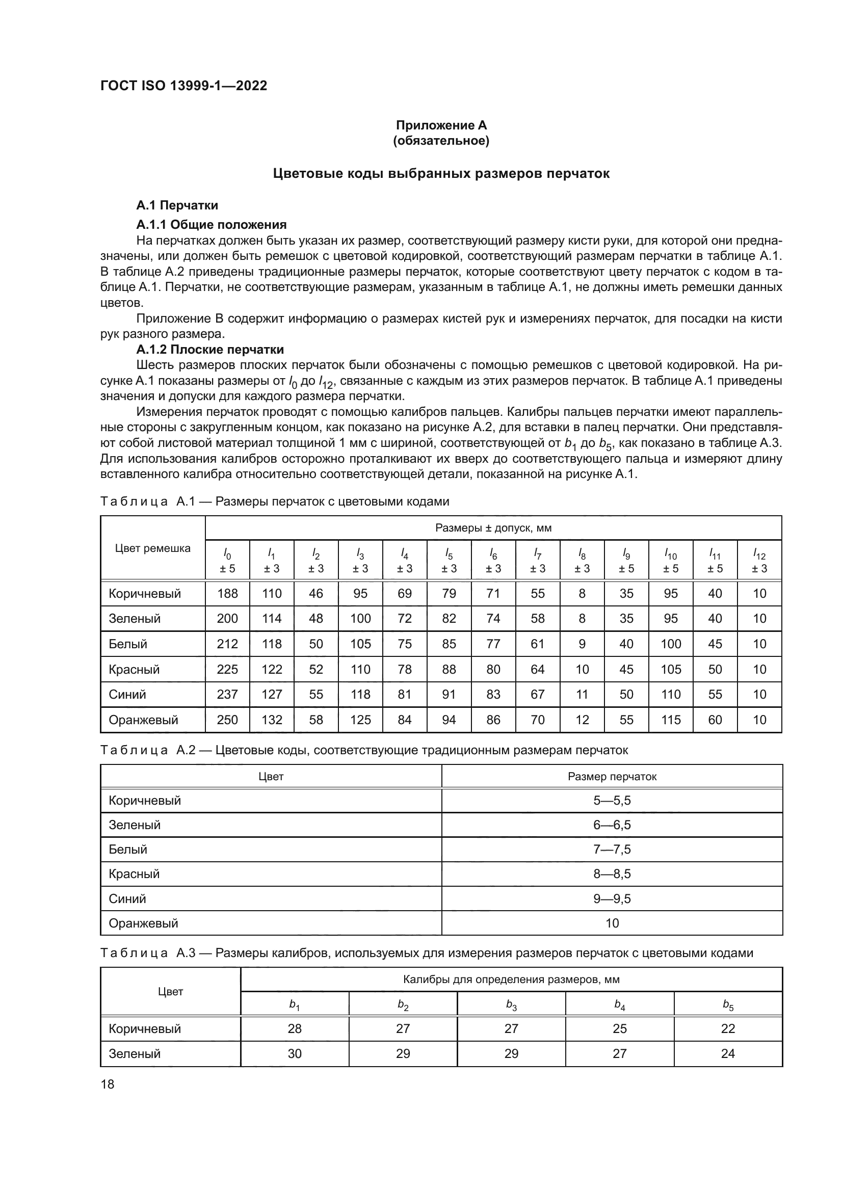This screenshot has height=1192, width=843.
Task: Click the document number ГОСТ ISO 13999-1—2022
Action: (x=183, y=86)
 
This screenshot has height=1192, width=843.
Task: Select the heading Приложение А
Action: (x=441, y=125)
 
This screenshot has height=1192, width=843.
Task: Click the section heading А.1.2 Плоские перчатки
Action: (x=209, y=349)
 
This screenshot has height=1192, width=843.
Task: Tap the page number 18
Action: (x=108, y=1084)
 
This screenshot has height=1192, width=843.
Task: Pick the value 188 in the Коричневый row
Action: (x=227, y=593)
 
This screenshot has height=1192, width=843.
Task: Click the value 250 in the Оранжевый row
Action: (x=227, y=720)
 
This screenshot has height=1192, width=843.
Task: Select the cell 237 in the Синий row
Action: (x=227, y=694)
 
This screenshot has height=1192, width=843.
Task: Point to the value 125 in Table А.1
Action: (x=360, y=720)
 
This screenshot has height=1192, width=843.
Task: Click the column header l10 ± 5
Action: (x=671, y=561)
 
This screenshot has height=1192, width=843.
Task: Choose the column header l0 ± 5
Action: (x=227, y=561)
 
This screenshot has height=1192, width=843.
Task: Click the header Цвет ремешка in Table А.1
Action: (x=152, y=548)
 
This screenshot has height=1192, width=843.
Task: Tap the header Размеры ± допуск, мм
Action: (x=493, y=528)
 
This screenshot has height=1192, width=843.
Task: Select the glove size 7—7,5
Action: (x=612, y=850)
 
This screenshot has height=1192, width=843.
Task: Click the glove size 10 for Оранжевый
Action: (x=612, y=923)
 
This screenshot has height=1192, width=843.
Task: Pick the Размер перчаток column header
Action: (x=612, y=777)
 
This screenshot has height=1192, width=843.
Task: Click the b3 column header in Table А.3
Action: (x=511, y=1005)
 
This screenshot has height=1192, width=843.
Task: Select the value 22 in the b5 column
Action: (x=728, y=1028)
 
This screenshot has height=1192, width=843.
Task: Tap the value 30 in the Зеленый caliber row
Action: (x=294, y=1053)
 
